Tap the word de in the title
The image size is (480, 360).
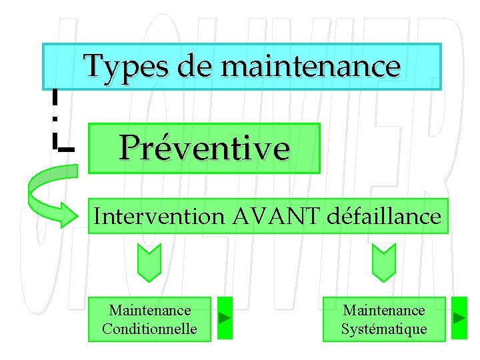(x=193, y=66)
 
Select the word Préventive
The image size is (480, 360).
(x=205, y=147)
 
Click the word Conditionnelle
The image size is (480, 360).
(x=149, y=329)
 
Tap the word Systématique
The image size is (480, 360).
(x=384, y=329)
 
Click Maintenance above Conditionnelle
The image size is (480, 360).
(x=149, y=310)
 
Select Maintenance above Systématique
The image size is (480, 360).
(x=384, y=310)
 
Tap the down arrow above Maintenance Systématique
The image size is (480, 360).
(x=383, y=262)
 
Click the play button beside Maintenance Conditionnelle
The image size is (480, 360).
(x=225, y=317)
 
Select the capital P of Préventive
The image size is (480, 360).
(x=131, y=147)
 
